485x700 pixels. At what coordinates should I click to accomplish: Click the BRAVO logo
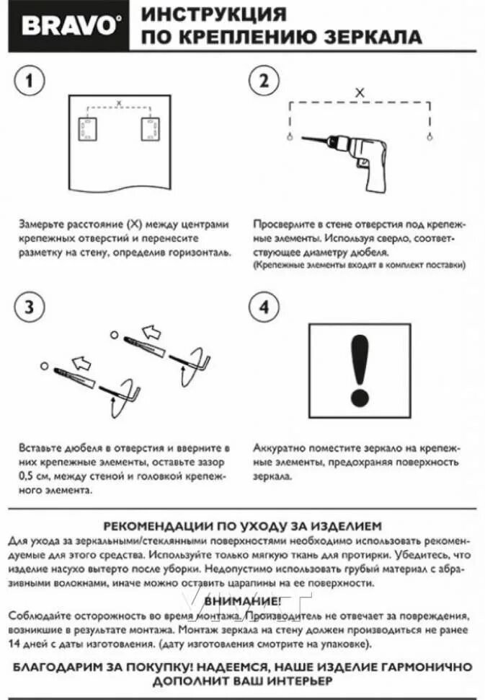pyautogui.click(x=69, y=27)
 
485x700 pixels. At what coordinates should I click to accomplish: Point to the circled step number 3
pyautogui.click(x=29, y=306)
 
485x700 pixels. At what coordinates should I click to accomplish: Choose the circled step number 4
pyautogui.click(x=264, y=306)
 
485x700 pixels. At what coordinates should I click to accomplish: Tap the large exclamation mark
pyautogui.click(x=359, y=369)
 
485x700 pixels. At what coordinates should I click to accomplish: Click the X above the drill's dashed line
pyautogui.click(x=360, y=93)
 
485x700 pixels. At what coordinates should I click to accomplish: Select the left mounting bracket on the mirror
pyautogui.click(x=87, y=130)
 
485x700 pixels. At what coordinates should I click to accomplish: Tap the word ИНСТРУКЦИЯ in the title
pyautogui.click(x=213, y=14)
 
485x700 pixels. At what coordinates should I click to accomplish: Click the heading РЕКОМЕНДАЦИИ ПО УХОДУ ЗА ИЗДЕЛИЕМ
pyautogui.click(x=242, y=526)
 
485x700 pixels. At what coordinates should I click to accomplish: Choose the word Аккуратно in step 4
pyautogui.click(x=277, y=448)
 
